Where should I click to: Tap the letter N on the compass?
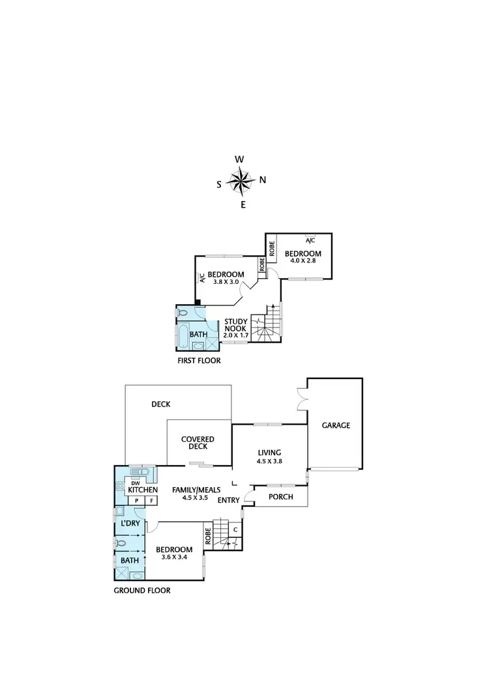tap(263, 180)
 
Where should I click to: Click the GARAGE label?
tap(336, 425)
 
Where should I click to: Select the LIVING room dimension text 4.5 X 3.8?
tap(269, 461)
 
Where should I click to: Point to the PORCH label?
tap(280, 497)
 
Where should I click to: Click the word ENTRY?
tap(228, 500)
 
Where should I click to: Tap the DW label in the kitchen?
tap(135, 482)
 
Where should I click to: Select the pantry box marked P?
tap(137, 500)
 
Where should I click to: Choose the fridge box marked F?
tap(152, 500)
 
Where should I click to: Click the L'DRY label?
tap(130, 522)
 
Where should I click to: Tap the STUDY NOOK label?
tap(235, 325)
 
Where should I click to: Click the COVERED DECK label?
tap(198, 444)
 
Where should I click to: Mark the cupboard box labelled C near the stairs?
tap(235, 529)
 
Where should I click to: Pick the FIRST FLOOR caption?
tap(199, 360)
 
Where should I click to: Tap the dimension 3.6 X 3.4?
tap(174, 558)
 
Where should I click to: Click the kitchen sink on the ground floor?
tap(140, 471)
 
